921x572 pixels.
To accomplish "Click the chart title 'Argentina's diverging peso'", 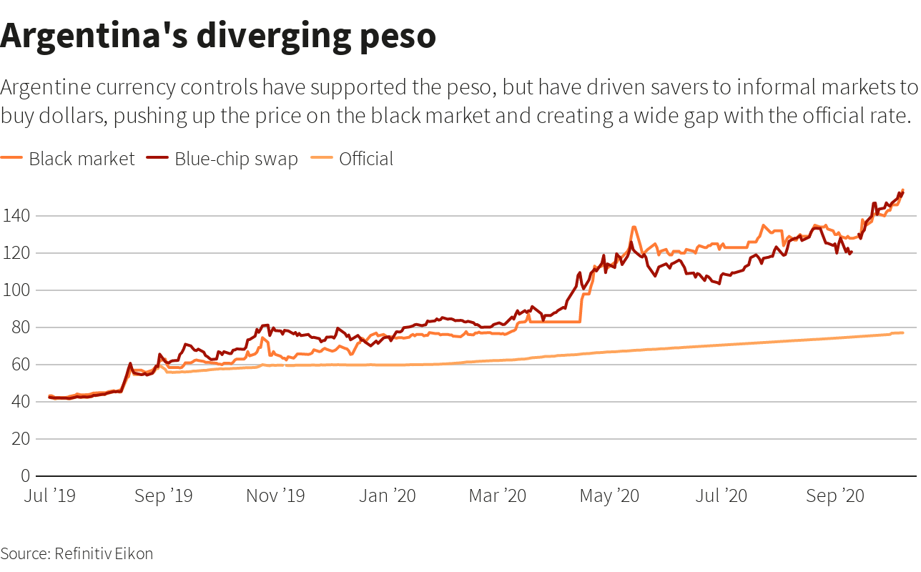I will (x=218, y=36).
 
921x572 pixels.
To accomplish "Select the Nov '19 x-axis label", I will (x=275, y=495).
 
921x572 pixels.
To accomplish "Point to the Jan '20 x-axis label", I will (x=387, y=495).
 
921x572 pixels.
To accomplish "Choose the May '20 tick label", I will (x=609, y=495).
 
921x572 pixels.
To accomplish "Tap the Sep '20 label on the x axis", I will (x=835, y=495).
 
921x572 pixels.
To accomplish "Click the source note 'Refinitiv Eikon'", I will (x=104, y=553).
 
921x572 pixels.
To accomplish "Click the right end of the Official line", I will (x=903, y=332).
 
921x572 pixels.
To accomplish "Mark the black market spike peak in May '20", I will (x=634, y=227).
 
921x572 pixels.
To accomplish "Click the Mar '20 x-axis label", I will (x=498, y=495).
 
